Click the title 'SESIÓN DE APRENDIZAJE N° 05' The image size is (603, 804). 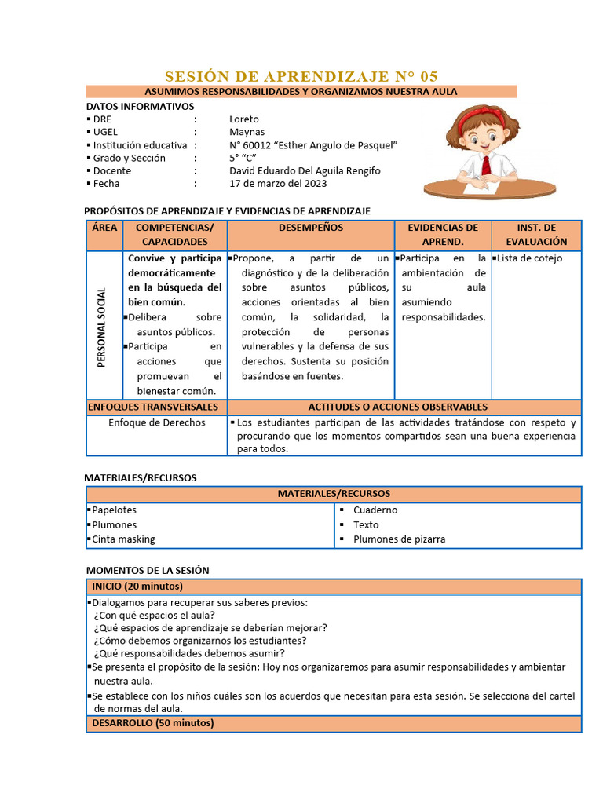point(301,76)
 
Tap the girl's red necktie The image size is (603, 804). point(487,165)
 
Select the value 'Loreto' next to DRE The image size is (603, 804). point(243,119)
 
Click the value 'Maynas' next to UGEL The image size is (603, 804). point(247,132)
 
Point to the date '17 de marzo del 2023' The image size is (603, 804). point(278,184)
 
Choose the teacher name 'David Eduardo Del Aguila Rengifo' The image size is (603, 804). point(305,170)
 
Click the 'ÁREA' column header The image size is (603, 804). point(104,228)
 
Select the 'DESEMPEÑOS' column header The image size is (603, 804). point(310,228)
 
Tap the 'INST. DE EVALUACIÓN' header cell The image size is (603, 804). point(536,235)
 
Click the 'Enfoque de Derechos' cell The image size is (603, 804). point(157,422)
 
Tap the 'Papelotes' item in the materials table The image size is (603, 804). point(114,510)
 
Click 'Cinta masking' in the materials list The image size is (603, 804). point(123,539)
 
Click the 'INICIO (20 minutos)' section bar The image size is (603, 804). point(137,587)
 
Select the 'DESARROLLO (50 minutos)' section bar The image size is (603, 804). point(152,723)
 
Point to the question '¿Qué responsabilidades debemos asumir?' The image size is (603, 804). point(189,653)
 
